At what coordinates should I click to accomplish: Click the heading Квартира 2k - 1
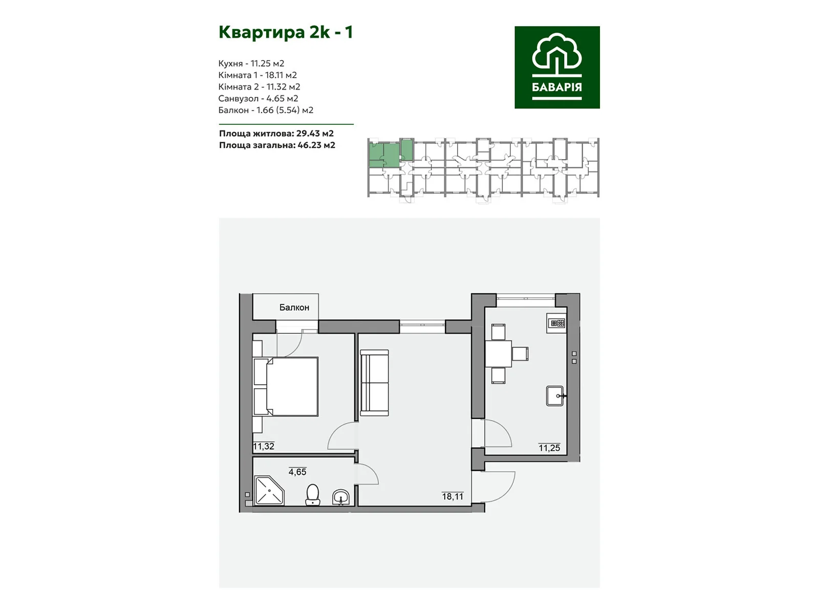pos(286,32)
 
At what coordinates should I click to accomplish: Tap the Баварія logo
pos(557,67)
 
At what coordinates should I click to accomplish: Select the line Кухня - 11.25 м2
pos(251,63)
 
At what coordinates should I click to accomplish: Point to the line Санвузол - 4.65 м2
pos(258,98)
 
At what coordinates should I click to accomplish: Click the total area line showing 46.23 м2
pos(277,145)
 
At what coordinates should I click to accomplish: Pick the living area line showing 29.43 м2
pos(276,133)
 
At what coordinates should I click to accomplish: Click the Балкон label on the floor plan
pos(294,308)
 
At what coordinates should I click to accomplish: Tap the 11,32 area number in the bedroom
pos(264,446)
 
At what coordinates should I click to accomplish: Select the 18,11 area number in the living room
pos(452,496)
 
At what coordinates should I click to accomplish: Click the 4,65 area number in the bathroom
pos(297,472)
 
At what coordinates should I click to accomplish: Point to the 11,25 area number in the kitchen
pos(549,448)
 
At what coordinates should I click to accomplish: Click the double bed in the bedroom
pos(286,387)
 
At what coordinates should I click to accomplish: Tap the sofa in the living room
pos(375,383)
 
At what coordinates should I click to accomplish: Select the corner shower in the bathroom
pos(269,491)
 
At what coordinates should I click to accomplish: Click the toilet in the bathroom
pos(313,495)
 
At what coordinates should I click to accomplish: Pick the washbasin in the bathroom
pos(341,497)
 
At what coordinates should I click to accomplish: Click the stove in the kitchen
pos(557,323)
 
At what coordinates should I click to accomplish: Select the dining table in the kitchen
pos(499,354)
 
